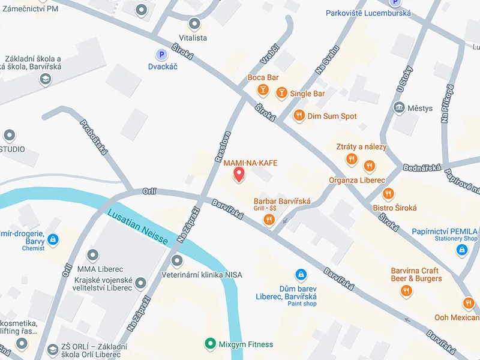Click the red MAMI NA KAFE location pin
[239, 175]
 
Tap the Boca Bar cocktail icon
[262, 90]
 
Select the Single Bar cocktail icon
[281, 93]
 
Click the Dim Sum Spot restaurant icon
[298, 116]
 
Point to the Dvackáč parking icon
[160, 55]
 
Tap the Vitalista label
[194, 38]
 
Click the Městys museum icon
[398, 108]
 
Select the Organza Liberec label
[357, 180]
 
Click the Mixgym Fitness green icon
[209, 344]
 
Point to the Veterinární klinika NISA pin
[176, 261]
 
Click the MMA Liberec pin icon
[92, 256]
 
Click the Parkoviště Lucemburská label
[368, 13]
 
